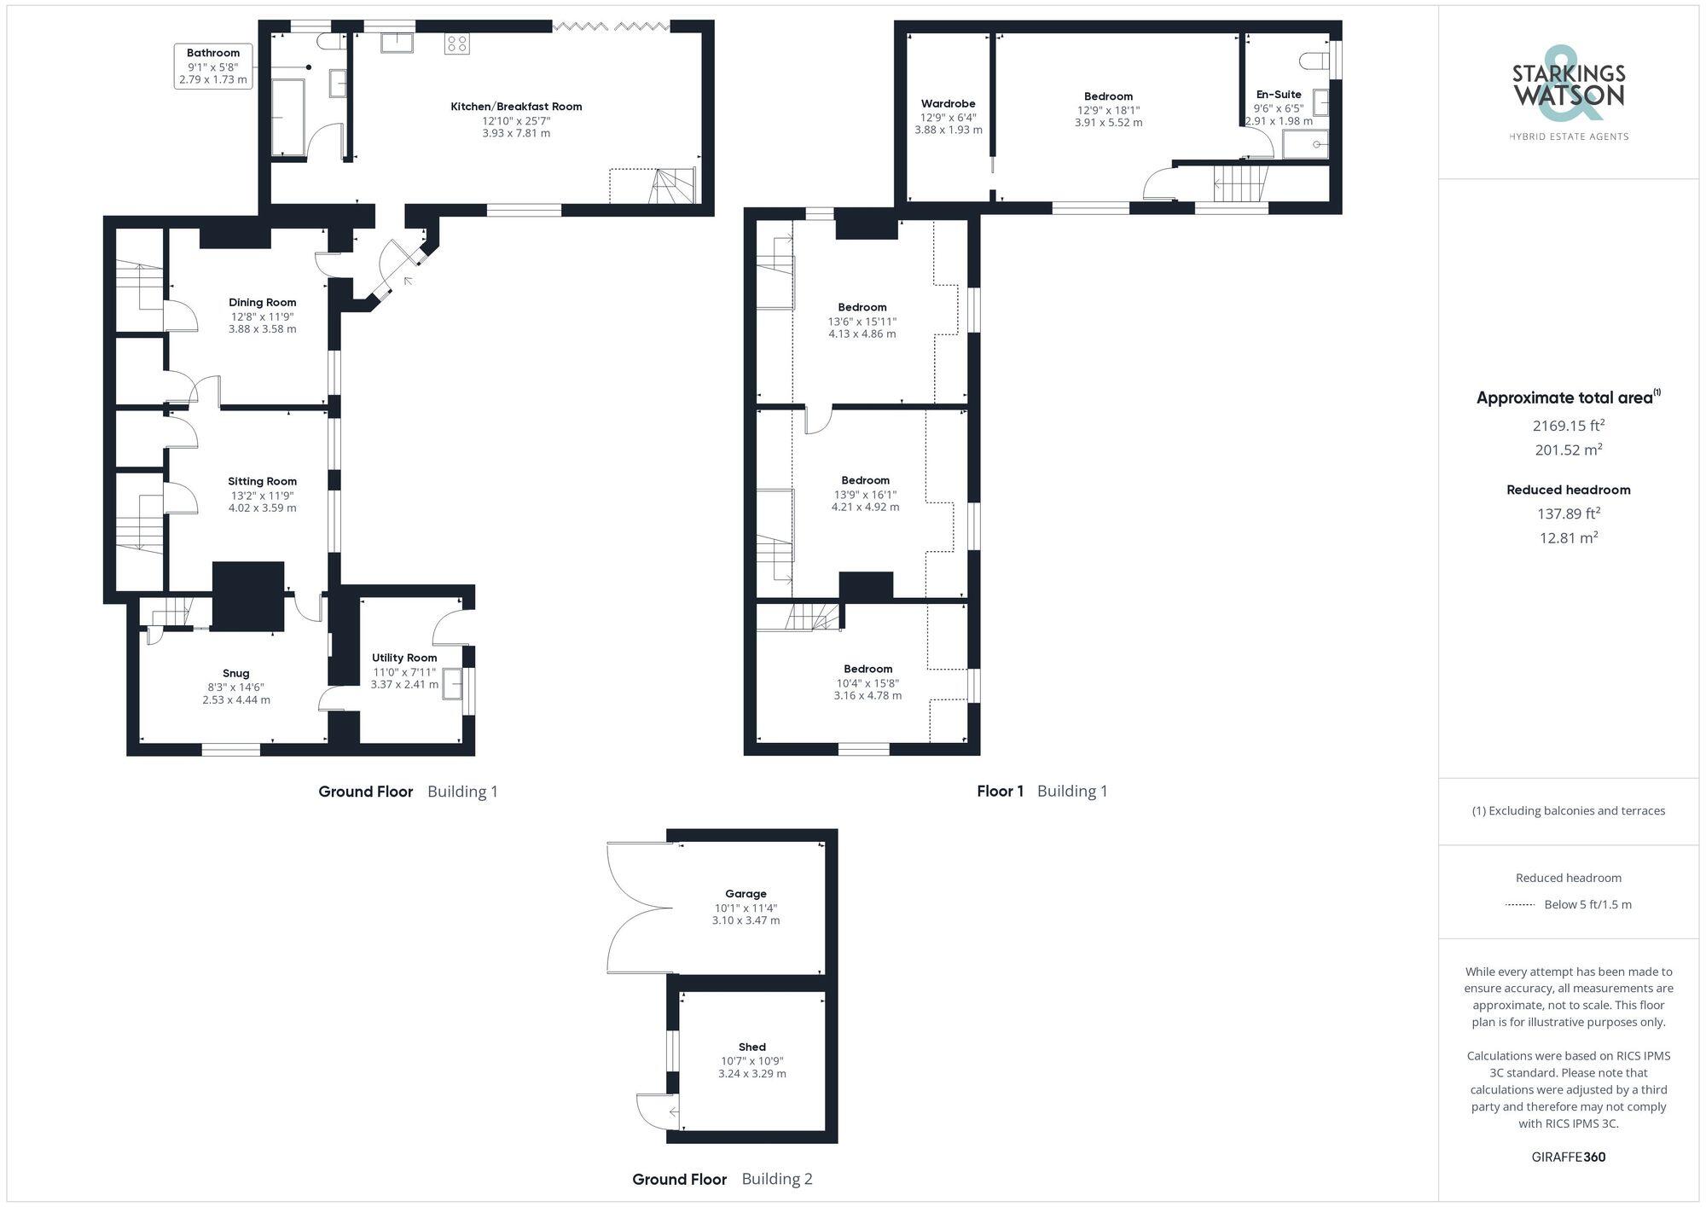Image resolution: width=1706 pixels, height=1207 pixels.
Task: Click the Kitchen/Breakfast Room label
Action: click(516, 107)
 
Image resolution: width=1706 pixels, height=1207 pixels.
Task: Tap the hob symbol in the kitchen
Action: click(456, 44)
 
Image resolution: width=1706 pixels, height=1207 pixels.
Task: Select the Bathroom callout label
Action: click(213, 53)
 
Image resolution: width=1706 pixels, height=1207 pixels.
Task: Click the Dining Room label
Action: click(262, 302)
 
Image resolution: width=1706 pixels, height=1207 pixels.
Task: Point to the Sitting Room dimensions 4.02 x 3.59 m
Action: click(262, 508)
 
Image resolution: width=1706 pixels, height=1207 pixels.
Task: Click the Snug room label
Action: click(236, 673)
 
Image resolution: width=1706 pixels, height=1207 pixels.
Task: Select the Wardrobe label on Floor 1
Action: click(948, 104)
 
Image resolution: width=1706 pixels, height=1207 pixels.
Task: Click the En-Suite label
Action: click(1279, 95)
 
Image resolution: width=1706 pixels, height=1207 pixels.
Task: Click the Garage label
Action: click(746, 894)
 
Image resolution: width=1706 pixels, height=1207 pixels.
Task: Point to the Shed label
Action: click(751, 1047)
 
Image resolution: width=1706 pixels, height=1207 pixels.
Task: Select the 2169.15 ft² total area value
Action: click(1568, 425)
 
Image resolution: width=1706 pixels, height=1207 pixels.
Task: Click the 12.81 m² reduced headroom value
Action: click(1568, 537)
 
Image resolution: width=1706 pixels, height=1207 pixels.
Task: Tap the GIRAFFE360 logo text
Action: click(1568, 1157)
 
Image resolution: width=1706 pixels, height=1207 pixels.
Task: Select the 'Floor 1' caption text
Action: click(1000, 791)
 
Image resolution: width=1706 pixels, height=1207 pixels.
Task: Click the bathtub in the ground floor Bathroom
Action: click(288, 118)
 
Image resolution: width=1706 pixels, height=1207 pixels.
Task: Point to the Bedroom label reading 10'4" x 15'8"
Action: click(868, 669)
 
